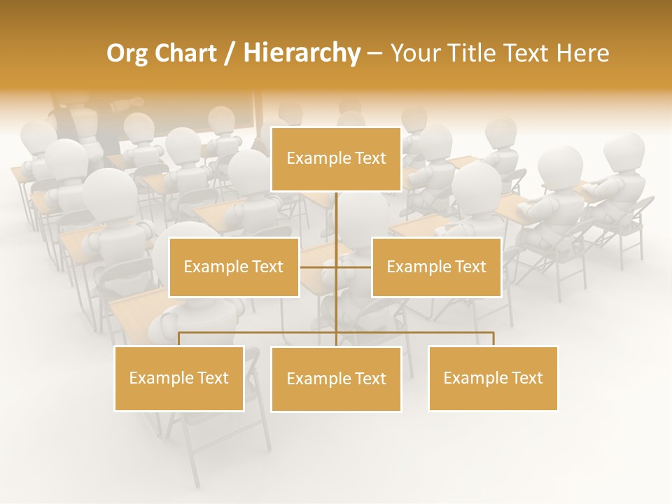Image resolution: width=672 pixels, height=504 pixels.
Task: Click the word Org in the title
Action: pyautogui.click(x=127, y=53)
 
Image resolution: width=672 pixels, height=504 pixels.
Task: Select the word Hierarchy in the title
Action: pyautogui.click(x=302, y=53)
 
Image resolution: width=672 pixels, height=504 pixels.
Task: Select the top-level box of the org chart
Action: pyautogui.click(x=336, y=159)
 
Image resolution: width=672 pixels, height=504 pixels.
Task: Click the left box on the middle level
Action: pyautogui.click(x=234, y=267)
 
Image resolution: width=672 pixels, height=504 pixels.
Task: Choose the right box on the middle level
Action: pyautogui.click(x=436, y=267)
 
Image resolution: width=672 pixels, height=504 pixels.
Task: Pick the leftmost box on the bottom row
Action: pyautogui.click(x=179, y=379)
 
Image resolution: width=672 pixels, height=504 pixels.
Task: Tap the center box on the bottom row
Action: pyautogui.click(x=336, y=379)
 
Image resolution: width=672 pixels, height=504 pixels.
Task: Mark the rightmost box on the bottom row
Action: pyautogui.click(x=493, y=379)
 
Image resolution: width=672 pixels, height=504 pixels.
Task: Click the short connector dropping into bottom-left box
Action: pyautogui.click(x=179, y=339)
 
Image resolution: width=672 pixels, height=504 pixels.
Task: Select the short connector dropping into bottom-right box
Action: pyautogui.click(x=493, y=339)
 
